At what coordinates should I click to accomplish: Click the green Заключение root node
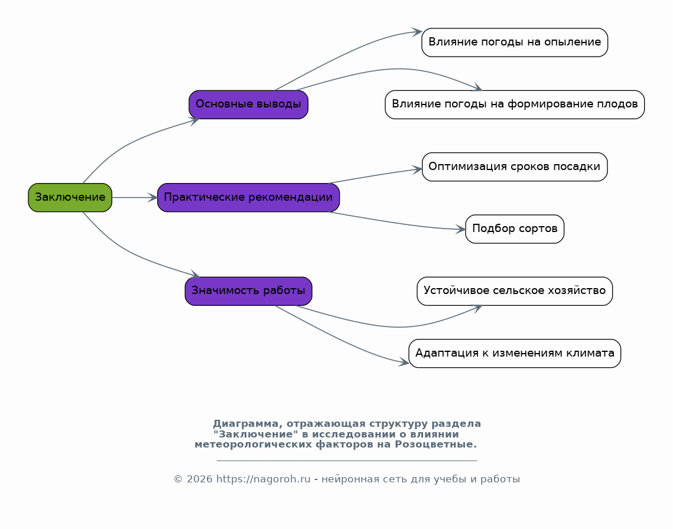pos(70,197)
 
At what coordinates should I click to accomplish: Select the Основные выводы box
pos(249,105)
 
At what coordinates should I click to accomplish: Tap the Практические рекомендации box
pos(249,197)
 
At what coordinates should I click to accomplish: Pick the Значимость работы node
pos(249,291)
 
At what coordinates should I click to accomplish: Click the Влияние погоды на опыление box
pos(515,42)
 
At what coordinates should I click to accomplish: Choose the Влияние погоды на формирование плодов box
pos(515,105)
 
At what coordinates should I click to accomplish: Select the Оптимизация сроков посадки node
pos(515,166)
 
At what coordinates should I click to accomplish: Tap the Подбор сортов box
pos(515,228)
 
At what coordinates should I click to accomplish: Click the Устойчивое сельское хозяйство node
pos(515,291)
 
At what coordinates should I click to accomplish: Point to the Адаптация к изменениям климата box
pos(515,353)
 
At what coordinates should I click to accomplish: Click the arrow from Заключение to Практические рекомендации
pos(135,197)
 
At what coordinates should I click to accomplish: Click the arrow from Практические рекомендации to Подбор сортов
pos(397,223)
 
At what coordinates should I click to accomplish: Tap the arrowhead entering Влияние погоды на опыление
pos(417,32)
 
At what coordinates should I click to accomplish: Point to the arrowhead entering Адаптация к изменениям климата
pos(404,363)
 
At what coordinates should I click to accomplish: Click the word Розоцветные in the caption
pos(435,445)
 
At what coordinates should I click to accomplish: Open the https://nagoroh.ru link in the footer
pos(263,479)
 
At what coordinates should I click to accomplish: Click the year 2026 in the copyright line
pos(199,479)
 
